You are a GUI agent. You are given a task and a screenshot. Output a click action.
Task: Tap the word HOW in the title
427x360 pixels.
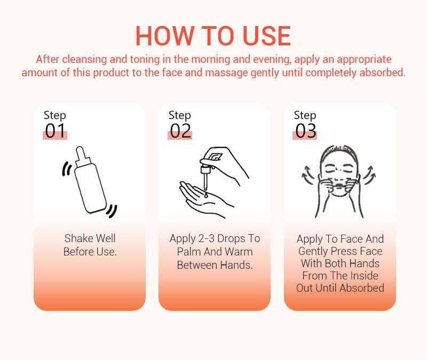coord(164,36)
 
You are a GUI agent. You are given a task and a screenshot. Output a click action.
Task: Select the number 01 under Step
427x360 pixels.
coord(56,131)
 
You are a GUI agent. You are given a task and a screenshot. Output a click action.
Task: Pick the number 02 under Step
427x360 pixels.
coord(180,131)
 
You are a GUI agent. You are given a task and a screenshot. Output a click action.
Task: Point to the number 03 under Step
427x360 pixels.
coord(305,131)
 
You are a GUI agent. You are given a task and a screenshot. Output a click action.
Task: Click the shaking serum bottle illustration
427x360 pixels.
coord(90,181)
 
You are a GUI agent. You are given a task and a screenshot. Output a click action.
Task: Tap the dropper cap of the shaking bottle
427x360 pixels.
coord(83,156)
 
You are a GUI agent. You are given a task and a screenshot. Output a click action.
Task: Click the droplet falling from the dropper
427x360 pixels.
coord(206,195)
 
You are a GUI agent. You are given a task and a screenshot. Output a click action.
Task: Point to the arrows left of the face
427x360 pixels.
coord(309,175)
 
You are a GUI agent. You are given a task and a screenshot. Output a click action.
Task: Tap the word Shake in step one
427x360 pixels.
coord(77,238)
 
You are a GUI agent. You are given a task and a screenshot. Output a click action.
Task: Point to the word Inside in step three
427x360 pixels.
coord(364,276)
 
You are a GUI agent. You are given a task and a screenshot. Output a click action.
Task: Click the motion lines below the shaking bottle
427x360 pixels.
coord(112,211)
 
